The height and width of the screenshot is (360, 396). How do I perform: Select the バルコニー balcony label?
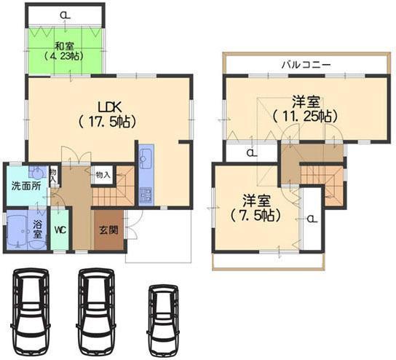306,65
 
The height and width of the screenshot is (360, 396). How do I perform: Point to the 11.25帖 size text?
305,115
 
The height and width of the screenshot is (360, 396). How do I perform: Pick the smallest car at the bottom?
162,312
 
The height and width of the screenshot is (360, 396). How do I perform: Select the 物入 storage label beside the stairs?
102,175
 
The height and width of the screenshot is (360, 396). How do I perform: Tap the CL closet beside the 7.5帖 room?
311,217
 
